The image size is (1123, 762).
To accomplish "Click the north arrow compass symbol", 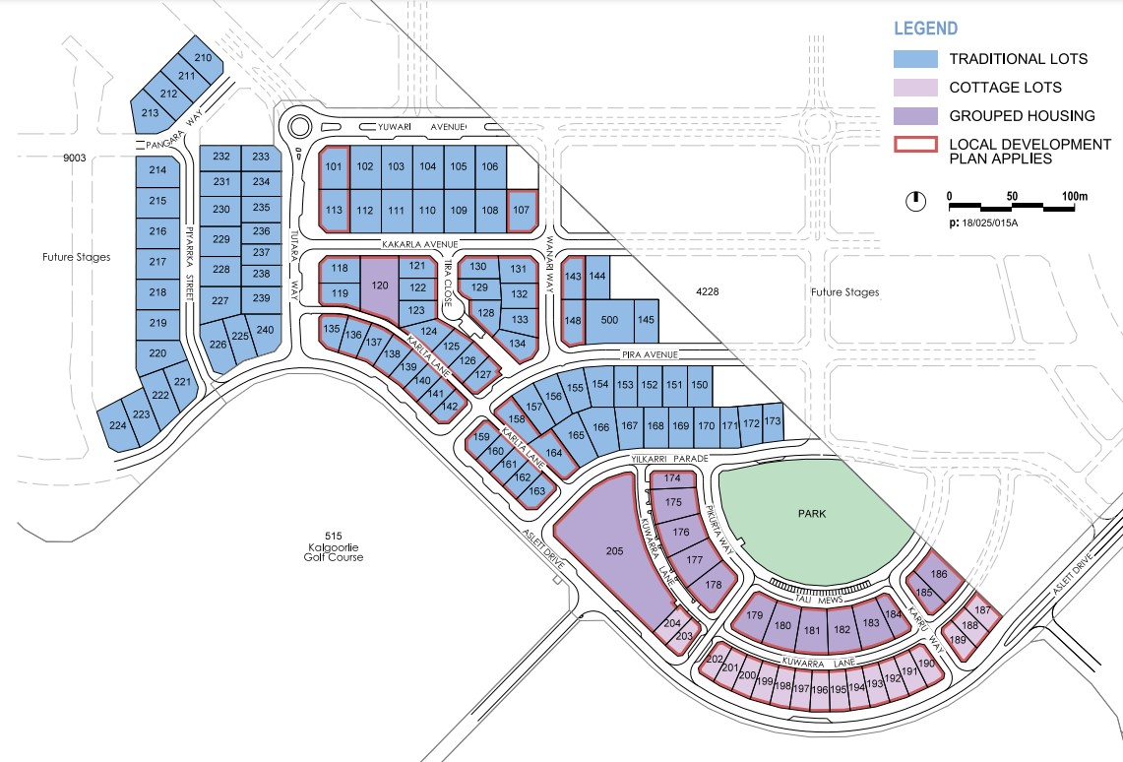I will [915, 201].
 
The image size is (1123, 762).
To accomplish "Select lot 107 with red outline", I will [522, 209].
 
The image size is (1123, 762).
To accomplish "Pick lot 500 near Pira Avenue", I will [609, 320].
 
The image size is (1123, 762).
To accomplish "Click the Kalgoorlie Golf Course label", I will [333, 551].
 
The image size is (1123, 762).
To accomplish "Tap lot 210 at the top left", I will [203, 58].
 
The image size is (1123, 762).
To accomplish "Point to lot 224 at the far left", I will [118, 425].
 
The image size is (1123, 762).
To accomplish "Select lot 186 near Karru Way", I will [938, 574].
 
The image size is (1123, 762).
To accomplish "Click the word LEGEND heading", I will [925, 29].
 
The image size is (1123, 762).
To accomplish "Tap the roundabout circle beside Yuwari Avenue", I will [298, 126].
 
